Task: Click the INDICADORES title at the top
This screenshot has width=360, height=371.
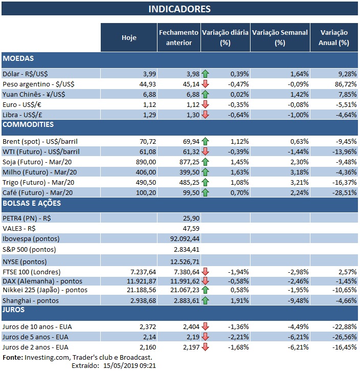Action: tap(179, 9)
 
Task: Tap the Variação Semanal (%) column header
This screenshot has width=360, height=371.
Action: tap(280, 37)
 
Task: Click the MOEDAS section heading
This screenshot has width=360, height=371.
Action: tap(19, 59)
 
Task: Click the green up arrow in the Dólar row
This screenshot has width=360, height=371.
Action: tap(206, 74)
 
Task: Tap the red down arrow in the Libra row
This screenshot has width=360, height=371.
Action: tap(206, 115)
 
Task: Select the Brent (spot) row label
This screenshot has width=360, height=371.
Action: tap(40, 141)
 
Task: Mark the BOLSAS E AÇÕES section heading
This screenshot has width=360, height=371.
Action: tap(32, 203)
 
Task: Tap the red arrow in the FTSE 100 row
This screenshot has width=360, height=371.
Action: tap(206, 272)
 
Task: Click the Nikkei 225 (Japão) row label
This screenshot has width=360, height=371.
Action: tap(44, 290)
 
